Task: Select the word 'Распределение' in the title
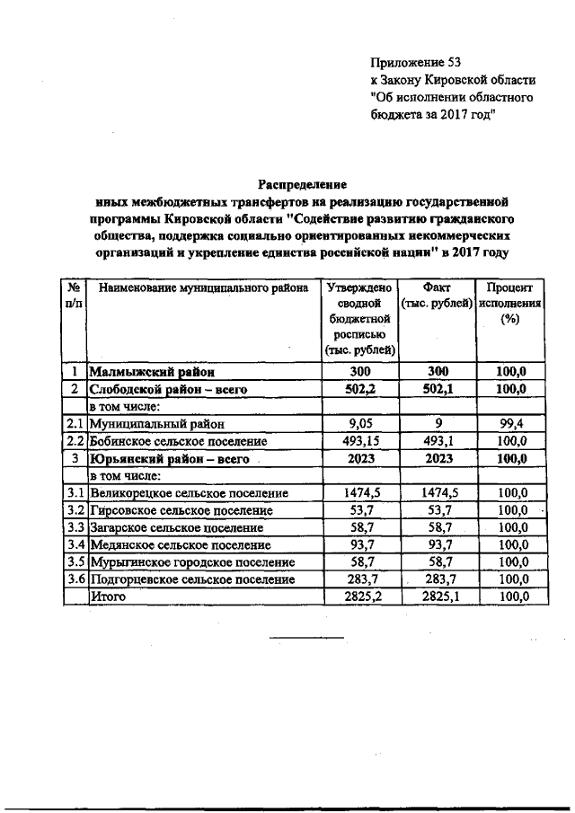303,184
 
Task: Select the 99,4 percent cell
511,423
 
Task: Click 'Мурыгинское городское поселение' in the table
191,562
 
